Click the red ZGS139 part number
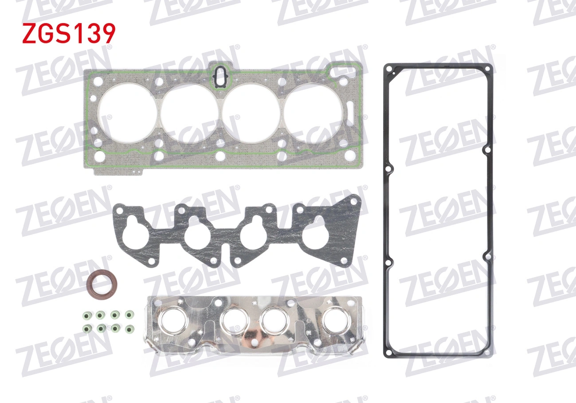pos(69,33)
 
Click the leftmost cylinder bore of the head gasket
pos(128,113)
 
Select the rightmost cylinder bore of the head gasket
pos(313,113)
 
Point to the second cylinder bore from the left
pos(189,113)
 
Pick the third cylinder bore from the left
pos(251,113)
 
